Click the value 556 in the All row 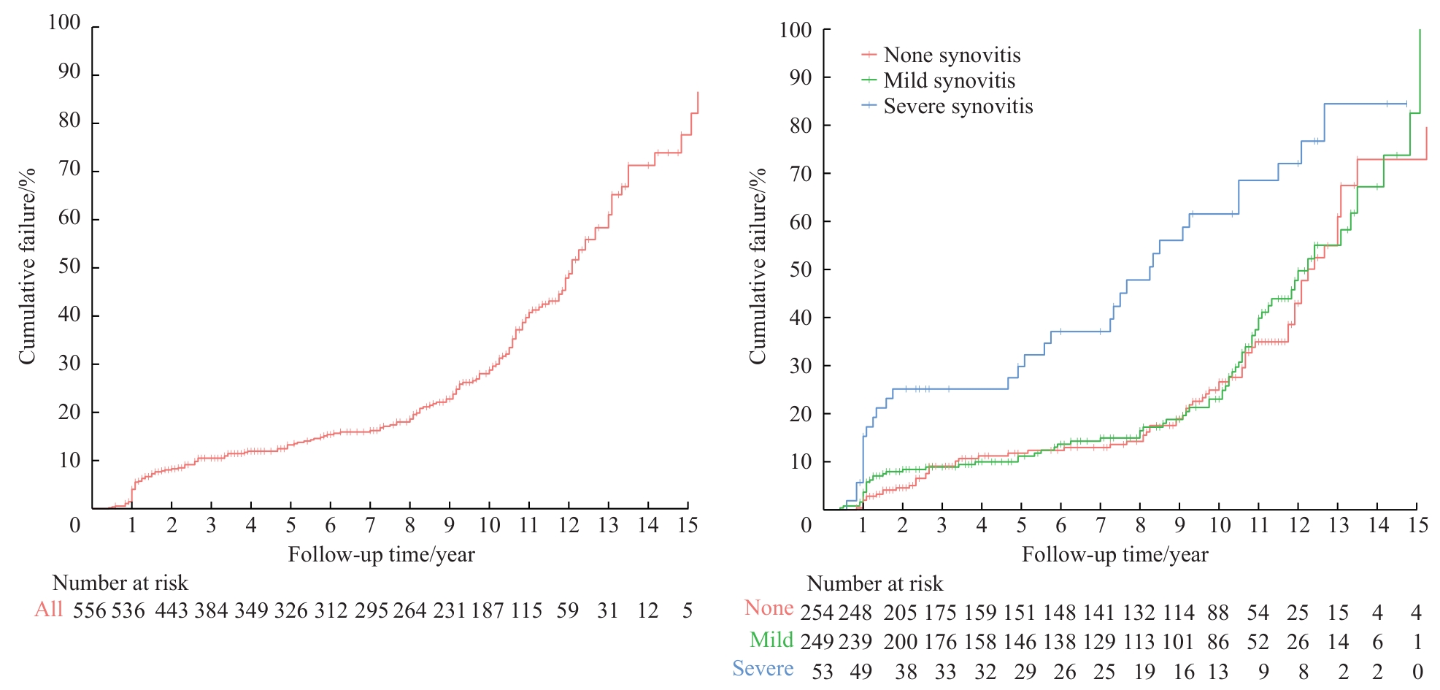tap(90, 610)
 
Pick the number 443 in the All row tap(172, 610)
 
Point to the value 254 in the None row tap(817, 613)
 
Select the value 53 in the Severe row tap(823, 672)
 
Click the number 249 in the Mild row tap(817, 642)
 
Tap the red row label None tap(769, 608)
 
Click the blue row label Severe tap(763, 669)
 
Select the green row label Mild tap(771, 640)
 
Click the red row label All tap(49, 609)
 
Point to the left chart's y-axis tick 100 tap(64, 23)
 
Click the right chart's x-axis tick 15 tap(1418, 525)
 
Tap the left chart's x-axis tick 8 tap(409, 525)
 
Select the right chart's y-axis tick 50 tap(801, 269)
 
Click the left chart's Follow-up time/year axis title tap(381, 555)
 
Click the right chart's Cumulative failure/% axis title tap(758, 266)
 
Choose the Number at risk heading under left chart tap(120, 583)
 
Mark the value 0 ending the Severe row tap(1417, 672)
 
